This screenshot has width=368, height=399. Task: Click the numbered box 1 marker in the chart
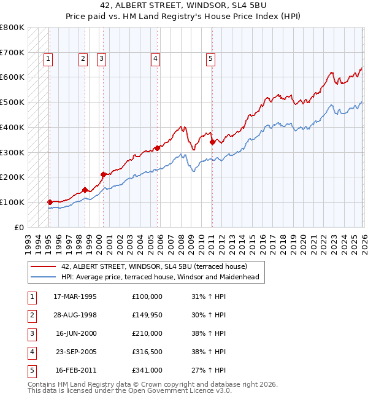point(48,59)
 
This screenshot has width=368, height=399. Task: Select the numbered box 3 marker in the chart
point(101,59)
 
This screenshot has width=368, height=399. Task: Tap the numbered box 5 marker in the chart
point(210,59)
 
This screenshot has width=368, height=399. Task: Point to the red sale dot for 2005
point(157,148)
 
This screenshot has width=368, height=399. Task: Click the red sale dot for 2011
point(212,142)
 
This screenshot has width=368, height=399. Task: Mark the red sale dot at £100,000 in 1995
point(50,202)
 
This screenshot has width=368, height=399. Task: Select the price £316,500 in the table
point(147,352)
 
